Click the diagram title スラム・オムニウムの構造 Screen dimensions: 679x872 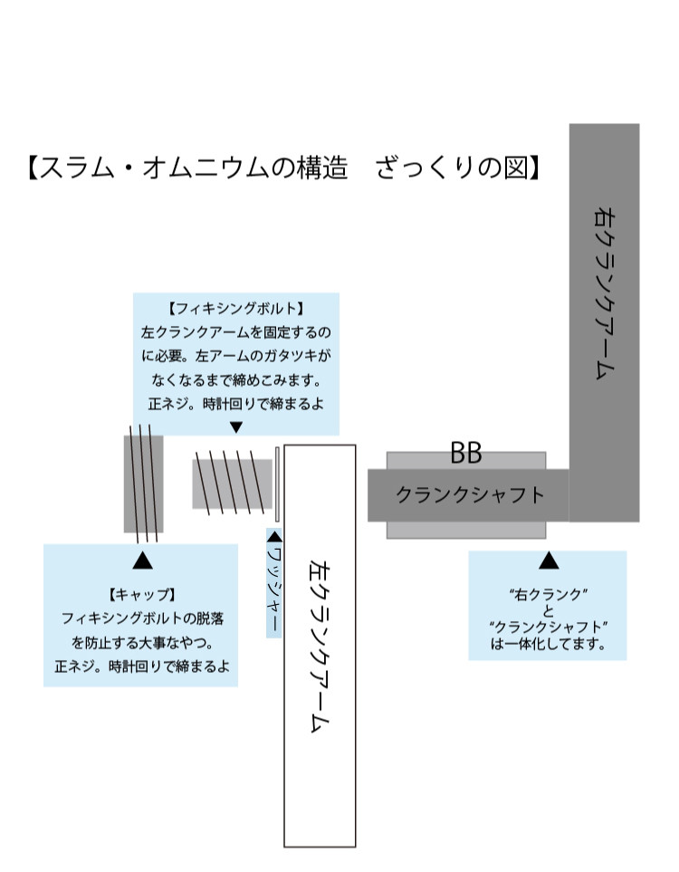click(194, 168)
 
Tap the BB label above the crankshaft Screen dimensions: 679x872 click(466, 454)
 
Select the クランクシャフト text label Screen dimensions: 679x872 click(470, 495)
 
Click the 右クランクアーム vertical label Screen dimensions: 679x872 click(605, 293)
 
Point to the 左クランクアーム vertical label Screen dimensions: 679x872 click(320, 647)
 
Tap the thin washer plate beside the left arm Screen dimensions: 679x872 click(277, 484)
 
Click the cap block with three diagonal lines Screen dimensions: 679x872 click(143, 484)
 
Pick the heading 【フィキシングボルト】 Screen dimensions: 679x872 click(235, 309)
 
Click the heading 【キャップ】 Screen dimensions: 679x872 click(142, 595)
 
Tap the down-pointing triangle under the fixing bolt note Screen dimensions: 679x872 click(236, 427)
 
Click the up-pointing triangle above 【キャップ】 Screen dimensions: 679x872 click(142, 561)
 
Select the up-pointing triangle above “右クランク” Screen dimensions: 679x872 click(549, 561)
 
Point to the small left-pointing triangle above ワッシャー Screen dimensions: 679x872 click(274, 537)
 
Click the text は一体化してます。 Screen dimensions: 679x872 click(548, 645)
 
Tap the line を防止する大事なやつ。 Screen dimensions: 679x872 click(142, 643)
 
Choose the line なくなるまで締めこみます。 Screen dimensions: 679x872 click(236, 380)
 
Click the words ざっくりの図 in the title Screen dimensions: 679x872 click(452, 168)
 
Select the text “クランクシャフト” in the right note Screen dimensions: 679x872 click(548, 628)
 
